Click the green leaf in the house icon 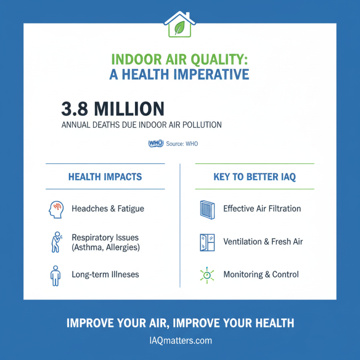click(x=180, y=27)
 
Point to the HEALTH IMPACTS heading click(x=105, y=177)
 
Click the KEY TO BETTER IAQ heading click(x=254, y=177)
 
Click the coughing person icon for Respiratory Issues click(x=55, y=242)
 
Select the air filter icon click(x=207, y=209)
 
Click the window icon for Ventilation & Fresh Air click(x=207, y=242)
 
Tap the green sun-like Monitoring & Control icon click(x=207, y=274)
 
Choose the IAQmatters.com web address click(x=180, y=340)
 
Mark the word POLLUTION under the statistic click(x=202, y=125)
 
